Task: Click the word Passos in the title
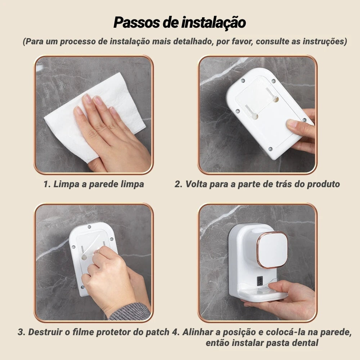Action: click(136, 22)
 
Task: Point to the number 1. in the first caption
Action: click(47, 184)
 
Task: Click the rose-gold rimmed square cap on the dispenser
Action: click(272, 249)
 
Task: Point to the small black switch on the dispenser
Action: click(260, 280)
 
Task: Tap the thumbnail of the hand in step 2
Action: click(292, 124)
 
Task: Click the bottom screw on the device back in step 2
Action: click(270, 149)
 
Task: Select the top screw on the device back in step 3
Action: click(89, 227)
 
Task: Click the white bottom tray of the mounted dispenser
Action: click(262, 295)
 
